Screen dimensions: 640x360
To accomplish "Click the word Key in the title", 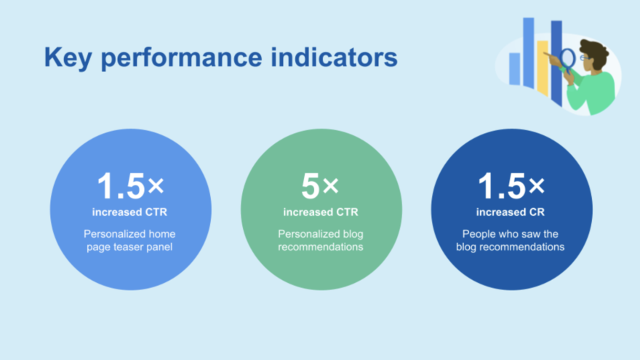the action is coord(68,57).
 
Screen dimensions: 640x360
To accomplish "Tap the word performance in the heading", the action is coord(181,58).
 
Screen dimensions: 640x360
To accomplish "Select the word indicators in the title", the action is coord(334,57).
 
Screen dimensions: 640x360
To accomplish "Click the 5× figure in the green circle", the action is coord(320,186).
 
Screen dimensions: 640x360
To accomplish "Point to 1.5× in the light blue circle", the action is coord(130,186).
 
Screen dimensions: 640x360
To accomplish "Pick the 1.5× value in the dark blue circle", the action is coord(511,186).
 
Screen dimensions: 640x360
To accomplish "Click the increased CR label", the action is coord(511,212).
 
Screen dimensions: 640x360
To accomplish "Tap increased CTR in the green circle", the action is coord(321,212).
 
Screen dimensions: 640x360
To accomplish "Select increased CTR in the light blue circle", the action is coord(129,212).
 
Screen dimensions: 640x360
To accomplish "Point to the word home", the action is coord(162,234).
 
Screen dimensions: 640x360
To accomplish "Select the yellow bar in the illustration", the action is coord(543,68).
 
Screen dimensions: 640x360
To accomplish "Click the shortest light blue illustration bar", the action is coord(515,69).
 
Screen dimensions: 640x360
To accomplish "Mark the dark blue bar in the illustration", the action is coord(556,63).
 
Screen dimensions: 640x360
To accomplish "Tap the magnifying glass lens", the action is coord(568,58).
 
